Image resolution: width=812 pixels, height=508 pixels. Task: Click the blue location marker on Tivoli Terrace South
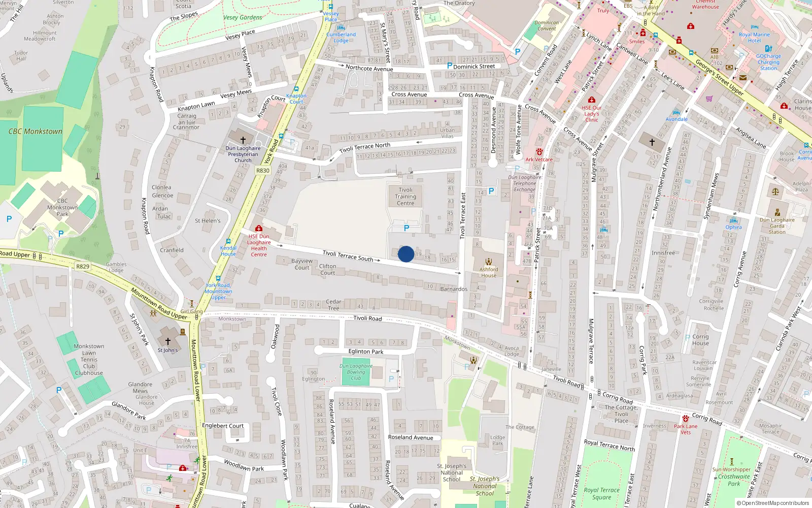(406, 254)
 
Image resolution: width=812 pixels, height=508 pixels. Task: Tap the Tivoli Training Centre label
(405, 197)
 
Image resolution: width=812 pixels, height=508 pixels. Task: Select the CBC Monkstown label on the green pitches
(36, 132)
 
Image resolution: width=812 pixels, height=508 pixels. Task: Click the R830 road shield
(263, 171)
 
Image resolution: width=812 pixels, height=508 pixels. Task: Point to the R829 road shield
(83, 266)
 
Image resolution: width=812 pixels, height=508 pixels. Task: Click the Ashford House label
(489, 272)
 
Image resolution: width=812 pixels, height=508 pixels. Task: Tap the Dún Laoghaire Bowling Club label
(356, 372)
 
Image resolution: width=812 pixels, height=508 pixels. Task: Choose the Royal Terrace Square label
(601, 494)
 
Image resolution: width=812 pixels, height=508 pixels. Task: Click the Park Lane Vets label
(686, 429)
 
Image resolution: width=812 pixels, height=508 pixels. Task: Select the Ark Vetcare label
(539, 160)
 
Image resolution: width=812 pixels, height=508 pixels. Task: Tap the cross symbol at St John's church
(168, 341)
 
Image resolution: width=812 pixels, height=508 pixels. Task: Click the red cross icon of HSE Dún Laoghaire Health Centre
(259, 229)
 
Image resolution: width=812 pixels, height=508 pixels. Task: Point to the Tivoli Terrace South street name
(348, 256)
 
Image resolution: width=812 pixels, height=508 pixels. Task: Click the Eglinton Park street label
(366, 352)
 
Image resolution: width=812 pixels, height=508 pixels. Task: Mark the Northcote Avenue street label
(369, 69)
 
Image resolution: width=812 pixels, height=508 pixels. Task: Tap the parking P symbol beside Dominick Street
(450, 66)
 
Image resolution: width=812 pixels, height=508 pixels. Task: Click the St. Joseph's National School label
(452, 472)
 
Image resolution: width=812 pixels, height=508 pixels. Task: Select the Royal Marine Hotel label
(754, 38)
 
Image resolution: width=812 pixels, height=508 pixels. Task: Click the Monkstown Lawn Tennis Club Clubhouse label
(89, 360)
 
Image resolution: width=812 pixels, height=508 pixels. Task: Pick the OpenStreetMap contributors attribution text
(775, 503)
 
